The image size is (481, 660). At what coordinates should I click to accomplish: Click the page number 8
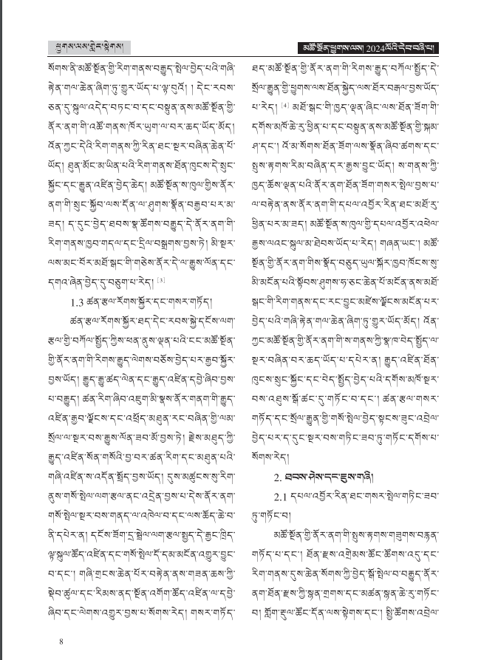[x=61, y=640]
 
